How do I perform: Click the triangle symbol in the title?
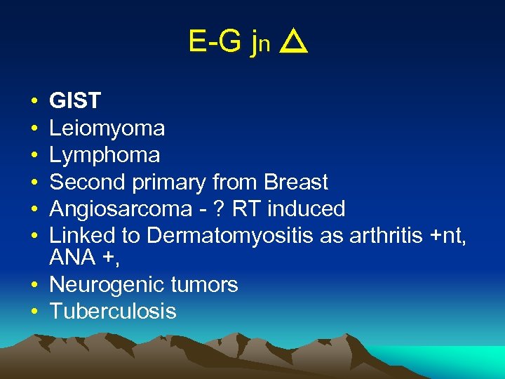(294, 45)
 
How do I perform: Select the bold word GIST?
(75, 102)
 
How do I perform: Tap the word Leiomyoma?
(107, 128)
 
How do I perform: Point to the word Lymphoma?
(105, 155)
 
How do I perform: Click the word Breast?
(296, 182)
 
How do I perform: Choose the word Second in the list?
(86, 182)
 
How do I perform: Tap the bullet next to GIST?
(34, 102)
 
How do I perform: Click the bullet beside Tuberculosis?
(34, 312)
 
